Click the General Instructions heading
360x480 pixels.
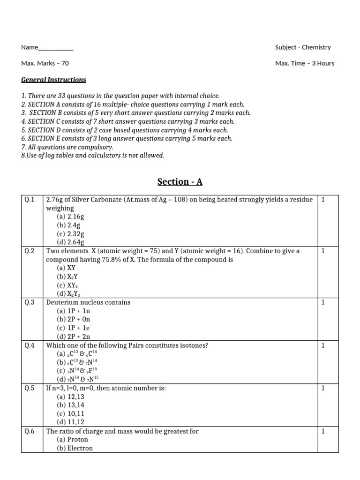[53, 80]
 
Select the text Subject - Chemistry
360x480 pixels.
[303, 47]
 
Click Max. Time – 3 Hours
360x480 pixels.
[305, 63]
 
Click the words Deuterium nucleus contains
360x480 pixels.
[88, 302]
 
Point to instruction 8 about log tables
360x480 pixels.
[93, 155]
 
